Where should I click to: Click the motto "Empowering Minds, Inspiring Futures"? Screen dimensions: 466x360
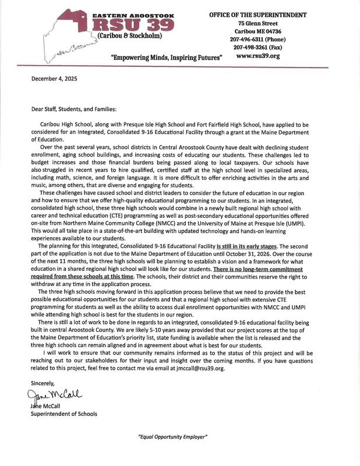click(166, 59)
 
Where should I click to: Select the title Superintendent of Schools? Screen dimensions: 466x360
click(64, 414)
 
